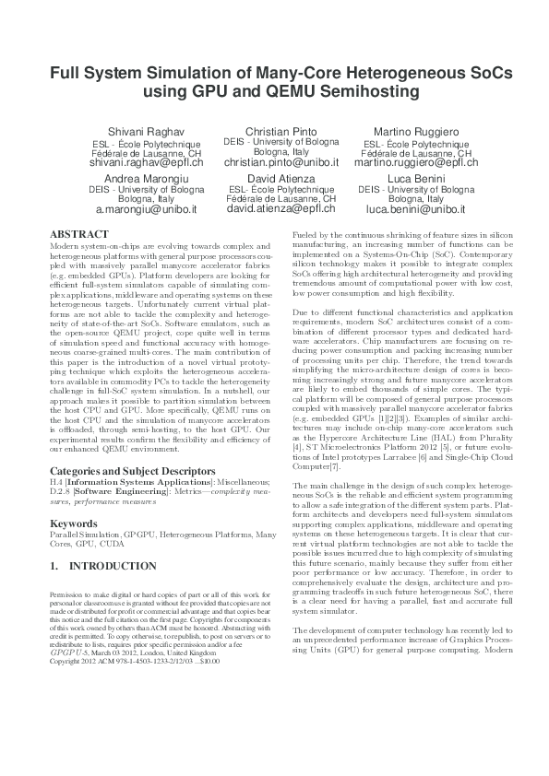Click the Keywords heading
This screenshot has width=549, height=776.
73,523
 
